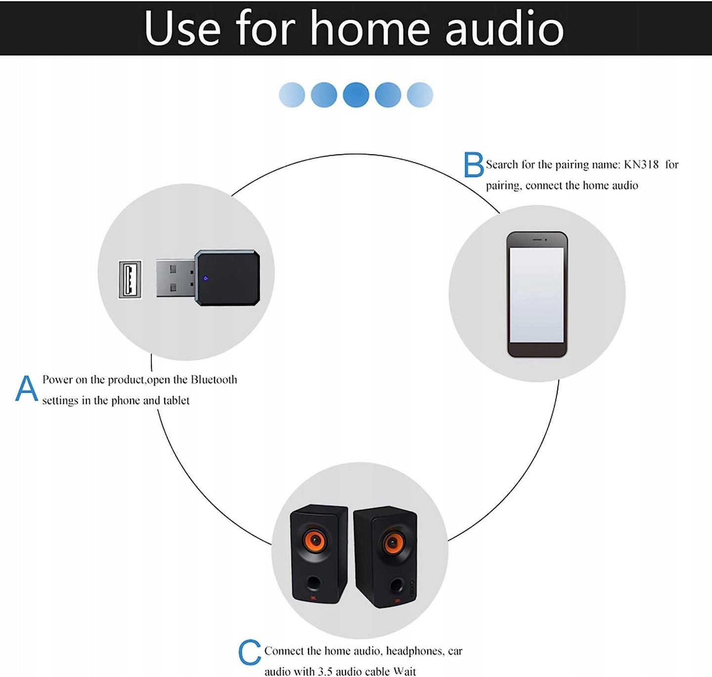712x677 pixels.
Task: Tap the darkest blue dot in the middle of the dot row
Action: tap(356, 94)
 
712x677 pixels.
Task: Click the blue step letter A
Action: tap(26, 388)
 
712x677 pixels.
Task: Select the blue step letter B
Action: tap(473, 165)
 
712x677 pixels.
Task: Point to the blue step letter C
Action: tap(250, 653)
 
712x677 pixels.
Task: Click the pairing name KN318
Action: tap(641, 165)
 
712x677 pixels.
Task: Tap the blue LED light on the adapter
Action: tap(206, 278)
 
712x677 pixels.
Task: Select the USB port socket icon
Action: tap(130, 279)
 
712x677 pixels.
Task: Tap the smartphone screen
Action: tap(536, 295)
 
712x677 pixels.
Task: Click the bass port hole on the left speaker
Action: tap(313, 583)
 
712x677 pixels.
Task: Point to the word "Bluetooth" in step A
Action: tap(214, 380)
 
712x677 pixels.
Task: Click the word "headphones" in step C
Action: tap(414, 651)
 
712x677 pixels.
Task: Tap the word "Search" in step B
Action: tap(501, 165)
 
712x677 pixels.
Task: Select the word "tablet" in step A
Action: tap(177, 401)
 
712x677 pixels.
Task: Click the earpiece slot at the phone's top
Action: tap(537, 239)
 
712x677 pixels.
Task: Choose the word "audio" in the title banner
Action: tap(504, 28)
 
